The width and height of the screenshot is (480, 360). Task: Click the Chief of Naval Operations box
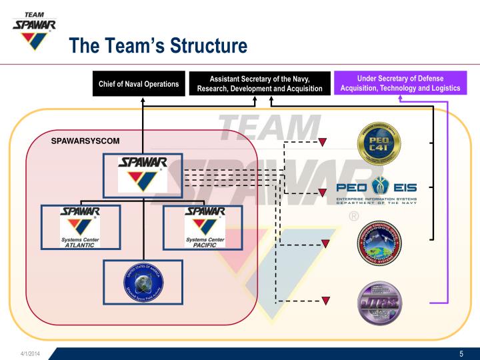coord(139,84)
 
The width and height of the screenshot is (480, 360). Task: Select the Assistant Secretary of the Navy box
coord(260,84)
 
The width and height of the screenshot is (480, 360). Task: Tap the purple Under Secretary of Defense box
coord(400,83)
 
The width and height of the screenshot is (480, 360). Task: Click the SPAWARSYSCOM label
coord(85,141)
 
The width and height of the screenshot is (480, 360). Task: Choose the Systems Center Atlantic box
coord(81,227)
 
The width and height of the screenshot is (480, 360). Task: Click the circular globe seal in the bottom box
coord(143,281)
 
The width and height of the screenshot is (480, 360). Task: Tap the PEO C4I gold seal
coord(379,143)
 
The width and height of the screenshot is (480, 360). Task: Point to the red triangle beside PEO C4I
coord(322,142)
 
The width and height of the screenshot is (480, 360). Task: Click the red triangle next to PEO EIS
coord(322,193)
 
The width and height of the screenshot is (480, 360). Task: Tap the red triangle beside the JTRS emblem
coord(326,301)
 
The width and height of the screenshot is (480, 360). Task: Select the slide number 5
coord(461,353)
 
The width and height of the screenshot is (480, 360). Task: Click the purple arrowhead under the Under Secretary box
coord(401,99)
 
